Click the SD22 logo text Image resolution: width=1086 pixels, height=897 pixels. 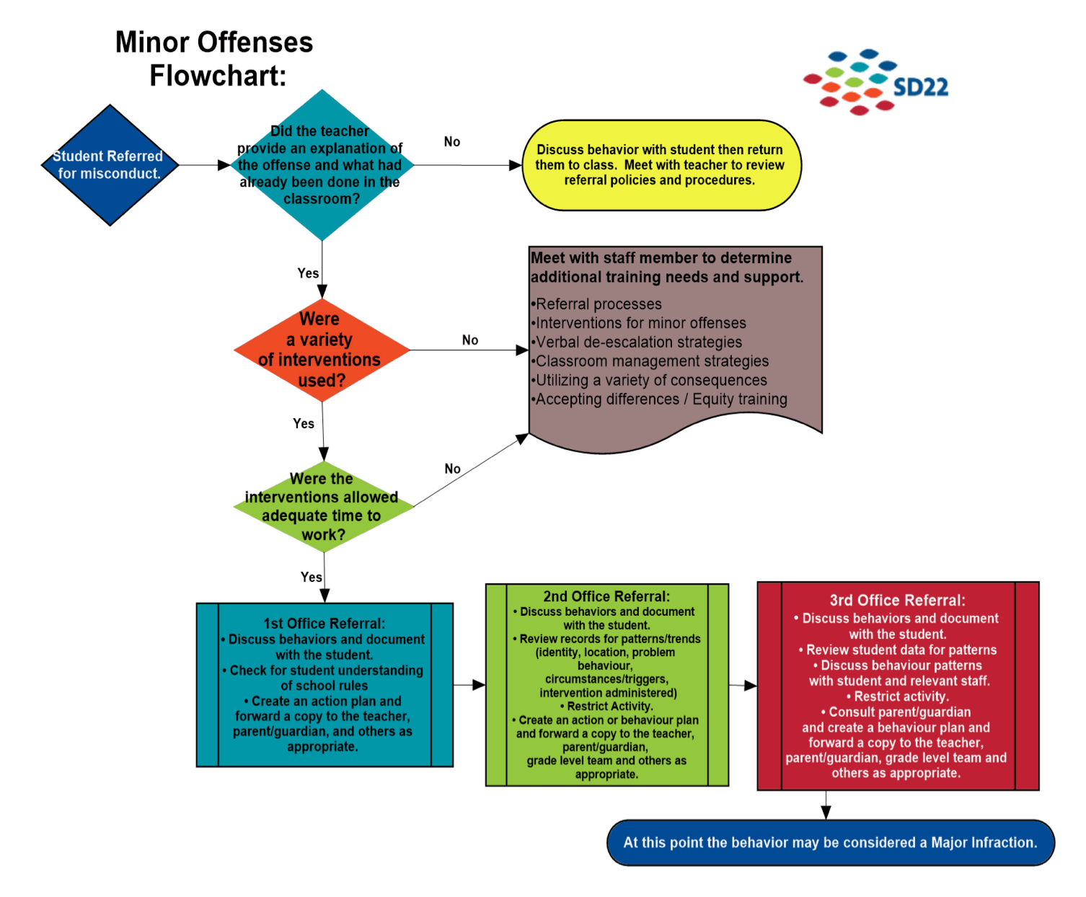(x=920, y=88)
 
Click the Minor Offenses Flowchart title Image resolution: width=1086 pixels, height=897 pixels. (x=215, y=59)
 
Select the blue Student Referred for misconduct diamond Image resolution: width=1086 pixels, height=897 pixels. (x=110, y=165)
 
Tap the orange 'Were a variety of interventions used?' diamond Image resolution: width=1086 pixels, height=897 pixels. (x=322, y=350)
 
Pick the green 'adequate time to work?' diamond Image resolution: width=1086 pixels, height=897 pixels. (x=323, y=507)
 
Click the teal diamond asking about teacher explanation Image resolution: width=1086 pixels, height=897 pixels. (x=322, y=165)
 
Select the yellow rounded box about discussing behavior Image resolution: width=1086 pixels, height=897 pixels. (x=661, y=165)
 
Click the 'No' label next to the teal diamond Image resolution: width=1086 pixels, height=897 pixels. (x=452, y=142)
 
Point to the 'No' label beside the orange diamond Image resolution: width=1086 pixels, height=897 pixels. (x=470, y=340)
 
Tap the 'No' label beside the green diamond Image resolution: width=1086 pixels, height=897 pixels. (x=453, y=469)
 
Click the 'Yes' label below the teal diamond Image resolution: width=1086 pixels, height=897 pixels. (x=308, y=273)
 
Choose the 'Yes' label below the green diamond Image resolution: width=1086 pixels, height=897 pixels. (x=312, y=577)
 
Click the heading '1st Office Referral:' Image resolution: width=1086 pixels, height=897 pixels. (x=325, y=624)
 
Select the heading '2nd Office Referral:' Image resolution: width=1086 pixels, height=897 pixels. (x=606, y=596)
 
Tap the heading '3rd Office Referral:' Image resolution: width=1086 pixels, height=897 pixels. (x=897, y=601)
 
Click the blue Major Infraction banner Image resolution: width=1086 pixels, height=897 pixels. (x=831, y=842)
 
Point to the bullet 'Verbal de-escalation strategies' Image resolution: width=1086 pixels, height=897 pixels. (x=638, y=343)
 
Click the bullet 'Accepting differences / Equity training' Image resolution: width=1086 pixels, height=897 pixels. (x=661, y=399)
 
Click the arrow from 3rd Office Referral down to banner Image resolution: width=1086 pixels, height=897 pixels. (x=826, y=805)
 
